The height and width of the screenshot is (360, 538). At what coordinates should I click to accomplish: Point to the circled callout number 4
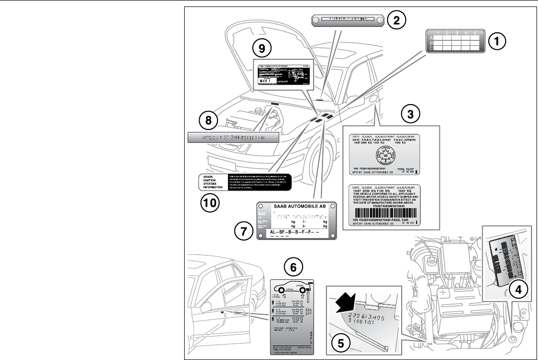click(x=518, y=289)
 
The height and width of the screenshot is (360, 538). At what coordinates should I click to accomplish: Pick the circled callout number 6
click(x=294, y=267)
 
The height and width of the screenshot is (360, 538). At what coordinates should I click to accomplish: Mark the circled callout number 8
click(x=208, y=120)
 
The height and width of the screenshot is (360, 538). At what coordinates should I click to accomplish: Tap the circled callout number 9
click(x=262, y=48)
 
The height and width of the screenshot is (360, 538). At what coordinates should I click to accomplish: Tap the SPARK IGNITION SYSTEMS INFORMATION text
click(x=211, y=182)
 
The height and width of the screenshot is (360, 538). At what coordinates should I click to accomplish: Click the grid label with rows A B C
click(x=454, y=41)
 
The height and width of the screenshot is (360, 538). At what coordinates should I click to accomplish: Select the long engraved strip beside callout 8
click(x=232, y=137)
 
